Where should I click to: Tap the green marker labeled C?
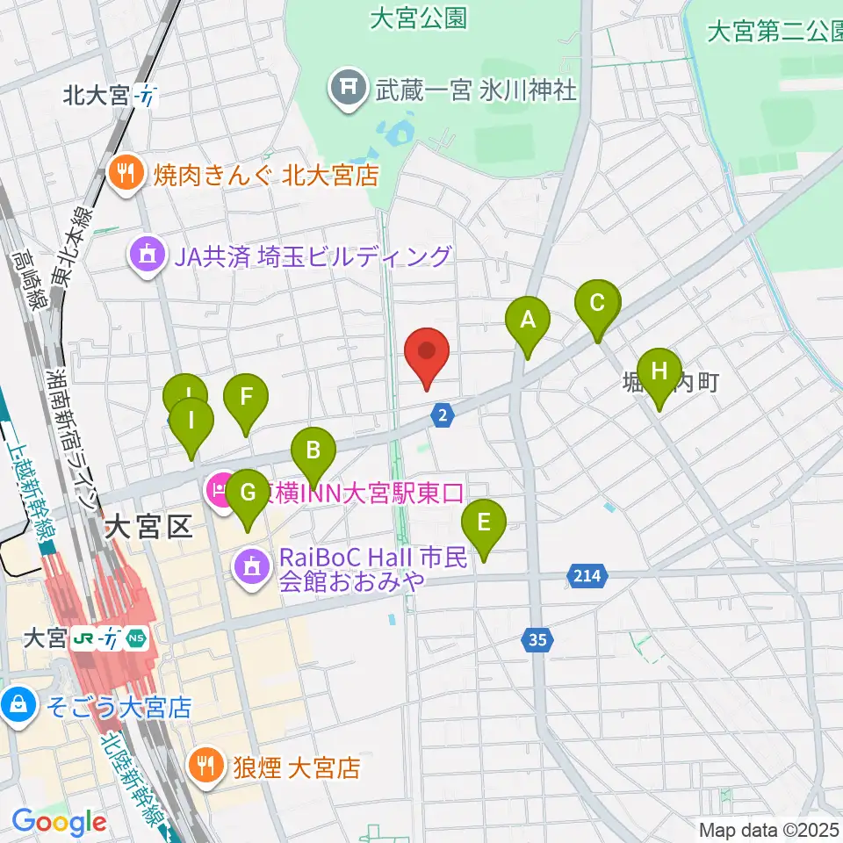click(x=597, y=305)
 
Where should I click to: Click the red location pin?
click(x=428, y=353)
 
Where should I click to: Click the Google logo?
click(x=59, y=823)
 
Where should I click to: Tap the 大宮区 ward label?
click(x=148, y=528)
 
